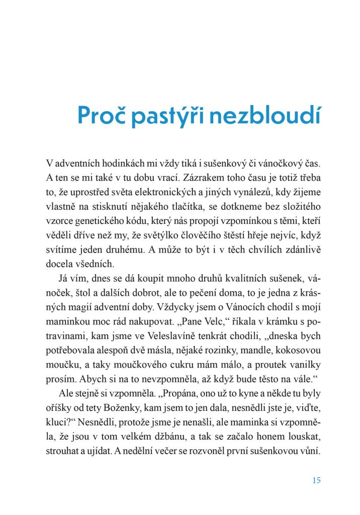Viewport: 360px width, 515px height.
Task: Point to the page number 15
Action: point(316,480)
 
